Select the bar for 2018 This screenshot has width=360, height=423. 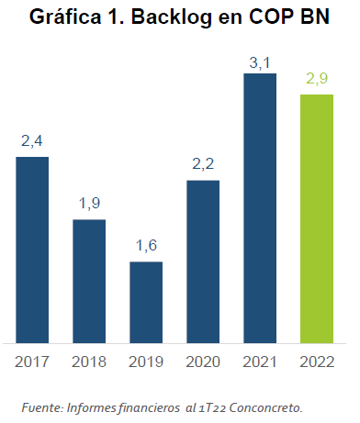pyautogui.click(x=89, y=281)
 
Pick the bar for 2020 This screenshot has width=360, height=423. pyautogui.click(x=203, y=261)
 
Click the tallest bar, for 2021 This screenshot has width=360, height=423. pyautogui.click(x=260, y=207)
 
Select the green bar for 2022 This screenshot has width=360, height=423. pyautogui.click(x=317, y=218)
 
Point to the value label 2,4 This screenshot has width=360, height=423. pyautogui.click(x=32, y=142)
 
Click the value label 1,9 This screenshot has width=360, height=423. pyautogui.click(x=89, y=205)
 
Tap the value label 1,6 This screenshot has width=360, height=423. pyautogui.click(x=146, y=247)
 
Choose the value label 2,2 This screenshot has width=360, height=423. pyautogui.click(x=203, y=165)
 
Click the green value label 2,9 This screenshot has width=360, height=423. pyautogui.click(x=317, y=80)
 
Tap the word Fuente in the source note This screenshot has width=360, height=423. pyautogui.click(x=43, y=406)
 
